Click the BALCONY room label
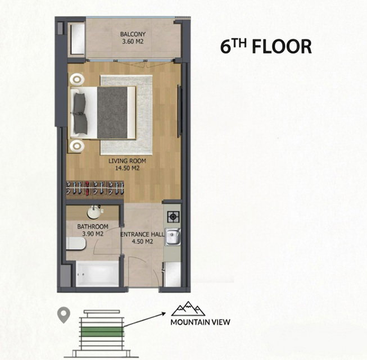pyautogui.click(x=133, y=34)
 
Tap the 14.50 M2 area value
pyautogui.click(x=128, y=168)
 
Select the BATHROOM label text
pyautogui.click(x=93, y=226)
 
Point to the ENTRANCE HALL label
pyautogui.click(x=142, y=234)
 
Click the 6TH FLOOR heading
pyautogui.click(x=266, y=46)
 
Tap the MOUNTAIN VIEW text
pyautogui.click(x=200, y=322)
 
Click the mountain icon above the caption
pyautogui.click(x=188, y=309)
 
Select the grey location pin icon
pyautogui.click(x=64, y=316)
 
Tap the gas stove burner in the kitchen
pyautogui.click(x=174, y=217)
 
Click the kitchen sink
pyautogui.click(x=173, y=237)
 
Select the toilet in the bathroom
pyautogui.click(x=76, y=244)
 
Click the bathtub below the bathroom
pyautogui.click(x=97, y=274)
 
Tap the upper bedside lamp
pyautogui.click(x=77, y=79)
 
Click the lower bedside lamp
pyautogui.click(x=77, y=146)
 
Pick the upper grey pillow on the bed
pyautogui.click(x=80, y=102)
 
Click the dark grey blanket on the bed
pyautogui.click(x=112, y=112)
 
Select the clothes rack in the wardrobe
pyautogui.click(x=95, y=188)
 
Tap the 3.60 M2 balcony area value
pyautogui.click(x=133, y=42)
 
